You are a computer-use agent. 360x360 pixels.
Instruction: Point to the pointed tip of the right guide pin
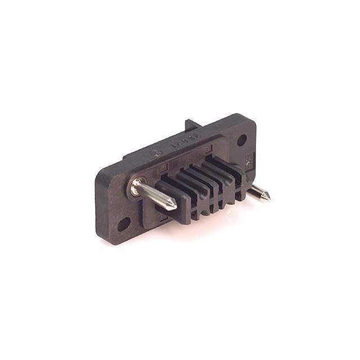[x=267, y=197]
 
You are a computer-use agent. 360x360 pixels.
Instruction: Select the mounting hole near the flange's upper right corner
[x=242, y=140]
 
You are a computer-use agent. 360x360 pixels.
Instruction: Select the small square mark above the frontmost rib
[x=164, y=168]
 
